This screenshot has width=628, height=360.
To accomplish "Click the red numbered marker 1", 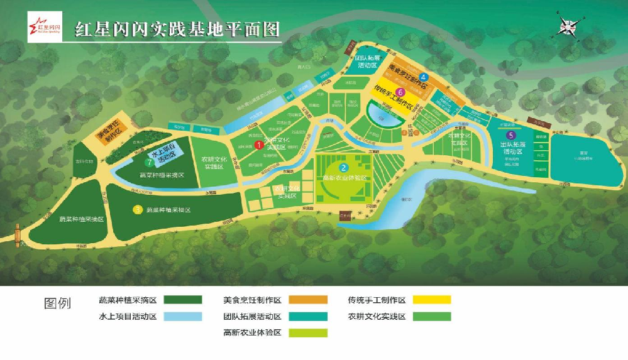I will [258, 145].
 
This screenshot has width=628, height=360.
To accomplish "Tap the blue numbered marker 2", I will [344, 168].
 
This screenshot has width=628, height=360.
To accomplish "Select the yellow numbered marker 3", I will [138, 209].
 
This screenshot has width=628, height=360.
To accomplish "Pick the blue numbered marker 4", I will [424, 77].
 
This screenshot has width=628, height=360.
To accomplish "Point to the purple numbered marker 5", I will [511, 134].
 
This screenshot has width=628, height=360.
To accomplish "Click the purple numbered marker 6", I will [399, 92].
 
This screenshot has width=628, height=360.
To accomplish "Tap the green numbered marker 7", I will [149, 163].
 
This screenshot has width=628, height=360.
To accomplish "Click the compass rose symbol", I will [569, 27].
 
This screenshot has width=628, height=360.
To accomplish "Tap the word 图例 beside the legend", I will [57, 303].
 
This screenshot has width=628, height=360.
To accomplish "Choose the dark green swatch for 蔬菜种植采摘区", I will [183, 300].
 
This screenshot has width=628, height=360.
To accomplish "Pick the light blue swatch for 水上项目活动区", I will [183, 317].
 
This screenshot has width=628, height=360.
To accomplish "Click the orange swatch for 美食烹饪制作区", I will [309, 300].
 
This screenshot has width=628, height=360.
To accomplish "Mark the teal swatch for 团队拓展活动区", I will [309, 317].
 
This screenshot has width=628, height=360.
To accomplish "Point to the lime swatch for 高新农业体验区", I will [309, 333].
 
